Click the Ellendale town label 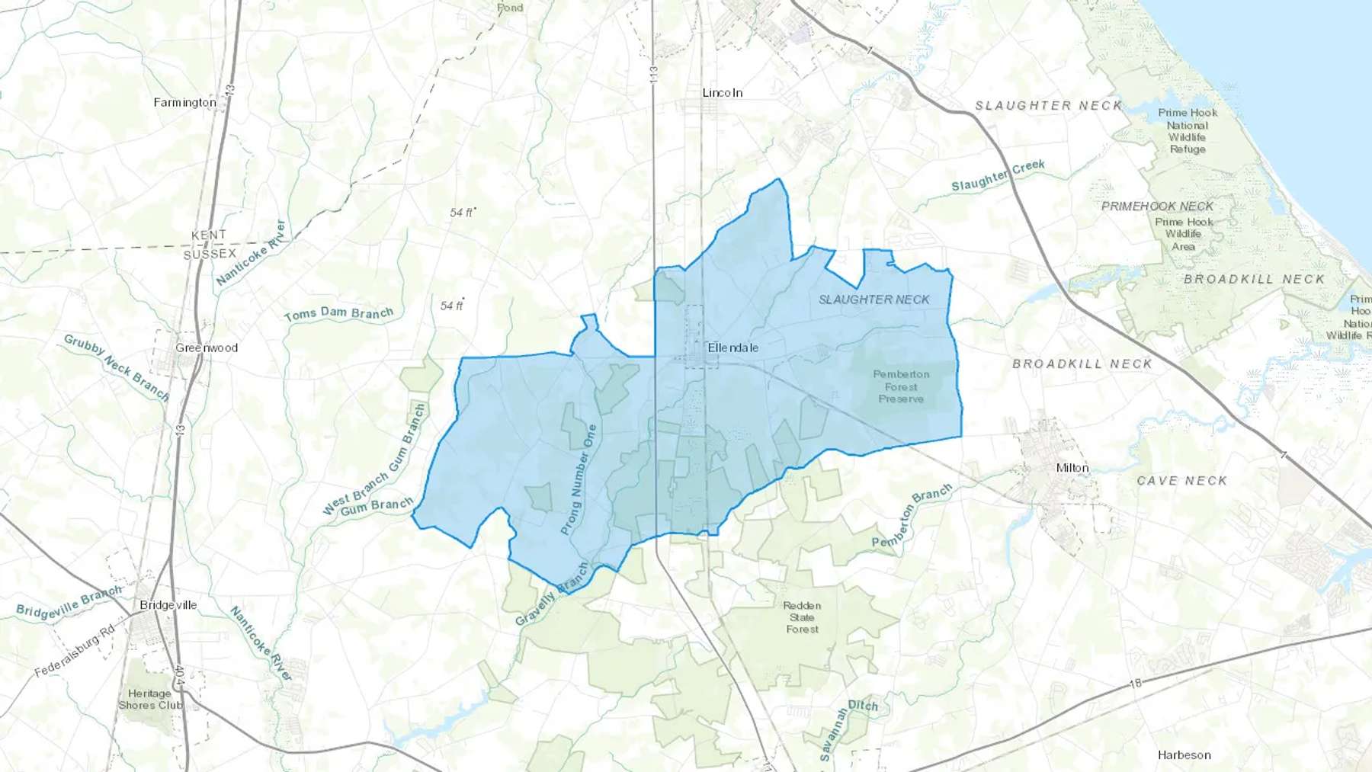point(732,348)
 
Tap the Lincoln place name point(722,92)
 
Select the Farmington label point(184,102)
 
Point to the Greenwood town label point(207,348)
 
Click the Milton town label point(1072,467)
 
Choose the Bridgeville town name point(168,605)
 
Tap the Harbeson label point(1184,754)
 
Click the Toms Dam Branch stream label point(338,313)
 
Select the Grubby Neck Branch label point(116,367)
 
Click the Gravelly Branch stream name point(552,594)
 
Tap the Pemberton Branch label point(912,515)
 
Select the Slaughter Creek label point(998,175)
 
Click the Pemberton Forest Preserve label point(901,386)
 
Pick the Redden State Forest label point(802,617)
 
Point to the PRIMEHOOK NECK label point(1157,206)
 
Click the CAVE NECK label point(1181,480)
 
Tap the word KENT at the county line point(208,235)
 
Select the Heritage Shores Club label point(149,700)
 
